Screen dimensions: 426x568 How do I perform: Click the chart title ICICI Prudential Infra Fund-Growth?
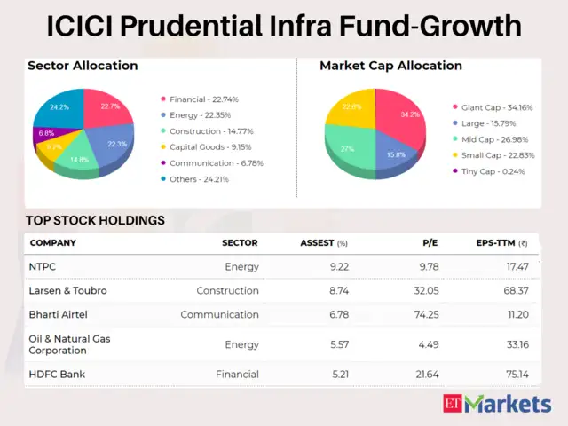(284, 26)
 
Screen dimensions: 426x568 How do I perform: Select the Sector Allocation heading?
(83, 66)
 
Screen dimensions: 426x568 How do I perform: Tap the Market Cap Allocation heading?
(390, 66)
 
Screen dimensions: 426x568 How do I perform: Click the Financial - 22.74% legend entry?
(205, 99)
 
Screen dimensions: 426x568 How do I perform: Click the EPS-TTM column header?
(502, 242)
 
